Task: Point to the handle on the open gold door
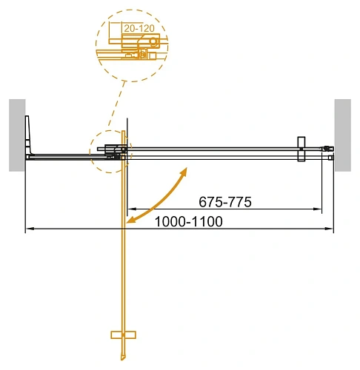point(123,334)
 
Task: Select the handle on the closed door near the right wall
point(301,149)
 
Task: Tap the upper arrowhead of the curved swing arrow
point(182,171)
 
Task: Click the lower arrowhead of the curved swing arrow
point(130,220)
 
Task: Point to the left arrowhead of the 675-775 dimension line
point(130,210)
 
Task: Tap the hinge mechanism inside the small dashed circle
point(115,152)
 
